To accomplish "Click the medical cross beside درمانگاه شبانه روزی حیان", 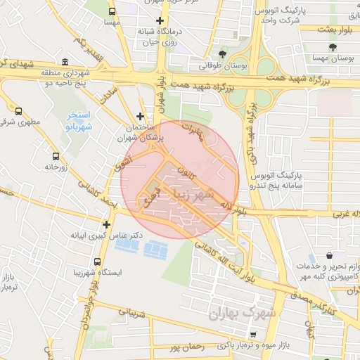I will tap(160, 22).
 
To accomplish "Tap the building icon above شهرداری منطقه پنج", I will tap(65, 61).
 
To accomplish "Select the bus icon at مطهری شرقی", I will tap(18, 111).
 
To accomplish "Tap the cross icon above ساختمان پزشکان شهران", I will tap(141, 116).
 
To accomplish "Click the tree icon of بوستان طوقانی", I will tap(223, 53).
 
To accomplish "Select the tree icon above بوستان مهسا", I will tap(332, 48).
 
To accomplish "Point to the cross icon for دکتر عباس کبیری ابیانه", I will tap(107, 225).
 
